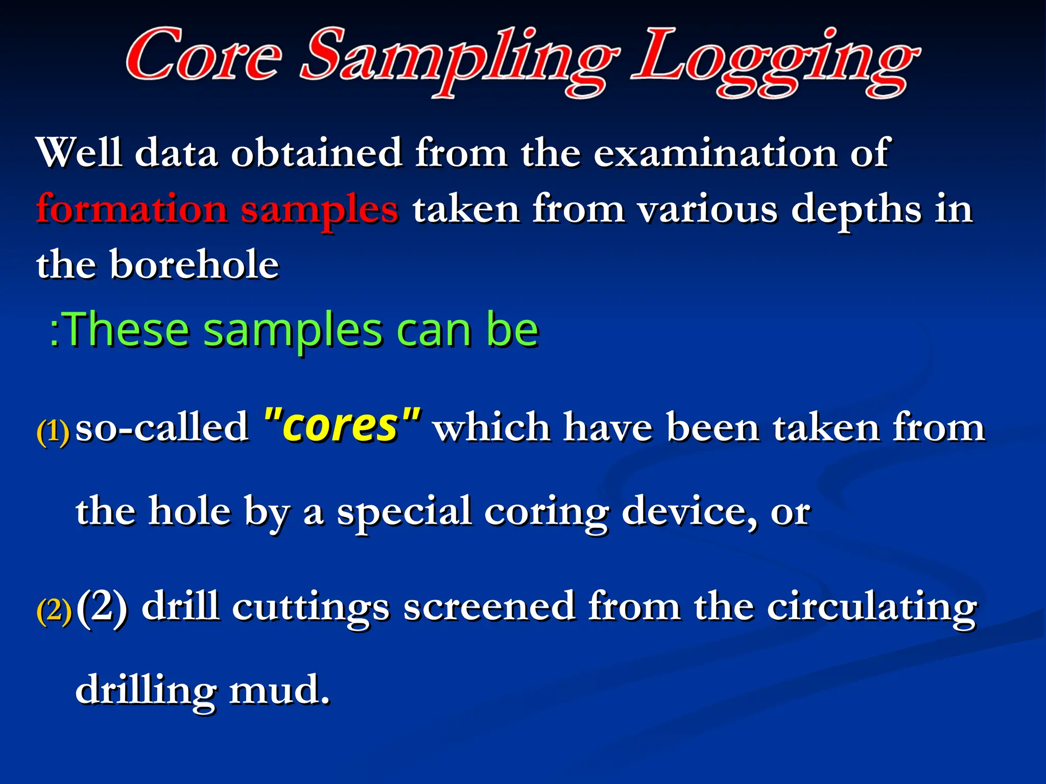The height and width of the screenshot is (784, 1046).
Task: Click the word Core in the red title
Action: (203, 55)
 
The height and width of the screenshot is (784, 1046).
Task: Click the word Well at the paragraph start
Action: (79, 152)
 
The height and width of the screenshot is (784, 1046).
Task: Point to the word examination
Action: (715, 152)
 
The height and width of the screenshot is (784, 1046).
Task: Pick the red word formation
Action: (132, 209)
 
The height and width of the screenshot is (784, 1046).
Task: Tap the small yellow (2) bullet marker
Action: (54, 610)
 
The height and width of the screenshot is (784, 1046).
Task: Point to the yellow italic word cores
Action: (341, 425)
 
